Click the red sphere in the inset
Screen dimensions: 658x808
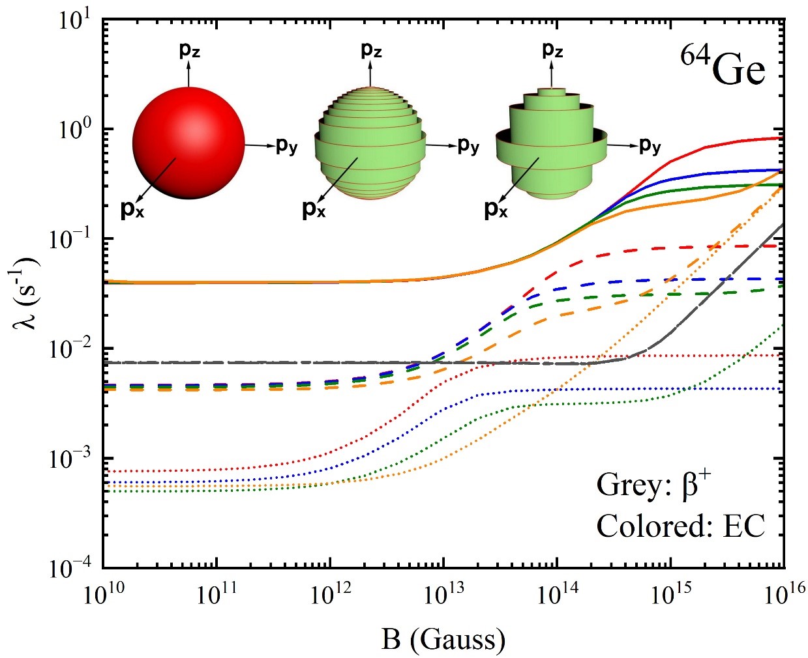tap(188, 143)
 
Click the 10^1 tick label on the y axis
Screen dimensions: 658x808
tap(74, 21)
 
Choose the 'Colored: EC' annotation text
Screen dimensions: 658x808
tap(680, 526)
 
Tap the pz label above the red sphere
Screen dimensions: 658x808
tap(189, 50)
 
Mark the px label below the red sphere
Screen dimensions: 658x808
tap(132, 209)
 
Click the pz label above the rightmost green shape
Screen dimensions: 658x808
tap(552, 50)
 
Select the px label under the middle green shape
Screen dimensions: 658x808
tap(314, 209)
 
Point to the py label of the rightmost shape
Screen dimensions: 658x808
tap(650, 145)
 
